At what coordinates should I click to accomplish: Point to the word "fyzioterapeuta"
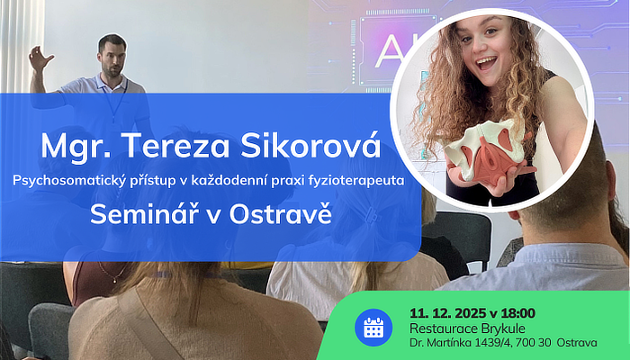coord(356,182)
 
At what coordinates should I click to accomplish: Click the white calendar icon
coord(373,328)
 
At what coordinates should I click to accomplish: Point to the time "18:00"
coord(518,312)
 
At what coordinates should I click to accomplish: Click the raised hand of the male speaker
coord(39,59)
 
